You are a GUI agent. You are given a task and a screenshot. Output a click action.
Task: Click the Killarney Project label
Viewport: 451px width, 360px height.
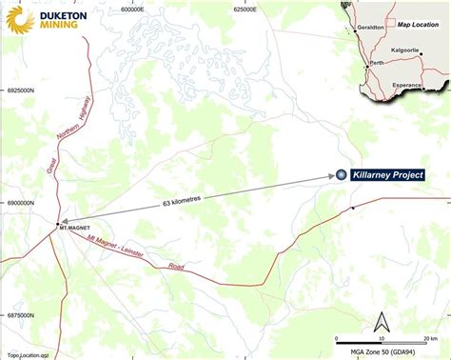pos(387,175)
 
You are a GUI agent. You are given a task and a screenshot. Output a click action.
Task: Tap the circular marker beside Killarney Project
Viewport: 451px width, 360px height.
pos(342,175)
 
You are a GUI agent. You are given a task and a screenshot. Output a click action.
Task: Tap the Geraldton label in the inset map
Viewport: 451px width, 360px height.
pos(370,30)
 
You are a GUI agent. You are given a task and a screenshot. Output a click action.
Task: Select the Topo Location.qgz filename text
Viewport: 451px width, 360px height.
pos(29,354)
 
